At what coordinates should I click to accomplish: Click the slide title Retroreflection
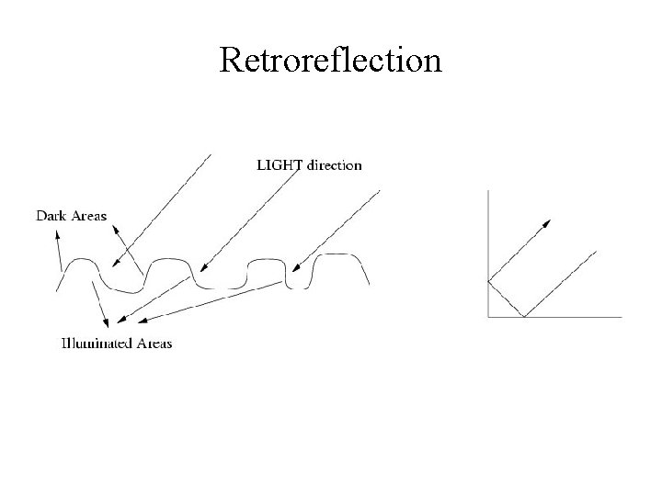(x=331, y=61)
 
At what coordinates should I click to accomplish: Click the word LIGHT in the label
(x=275, y=165)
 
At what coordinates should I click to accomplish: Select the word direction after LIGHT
(x=334, y=165)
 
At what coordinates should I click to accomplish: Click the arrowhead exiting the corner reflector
(x=549, y=221)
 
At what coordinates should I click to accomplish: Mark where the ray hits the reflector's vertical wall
(x=487, y=281)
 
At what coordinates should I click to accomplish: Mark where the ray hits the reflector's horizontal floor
(x=523, y=317)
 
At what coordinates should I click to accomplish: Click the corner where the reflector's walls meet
(x=487, y=317)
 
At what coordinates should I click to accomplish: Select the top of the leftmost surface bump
(x=80, y=260)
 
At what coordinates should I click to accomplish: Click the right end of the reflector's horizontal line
(x=621, y=317)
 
